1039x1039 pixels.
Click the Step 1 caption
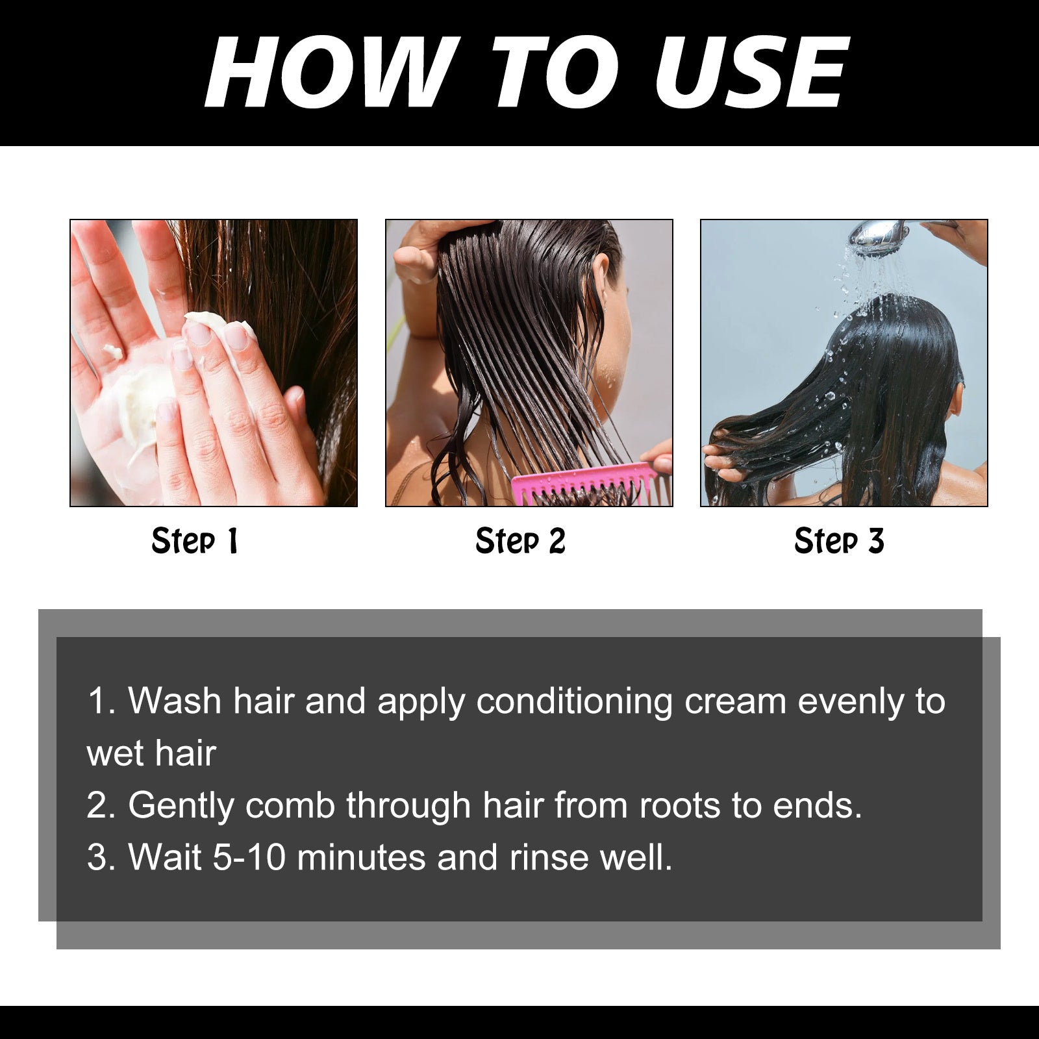click(195, 541)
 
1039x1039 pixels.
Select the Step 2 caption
click(520, 541)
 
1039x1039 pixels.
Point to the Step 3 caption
click(839, 541)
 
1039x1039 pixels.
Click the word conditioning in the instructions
click(574, 702)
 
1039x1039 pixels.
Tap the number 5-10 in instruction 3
click(249, 857)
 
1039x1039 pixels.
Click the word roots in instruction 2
click(679, 806)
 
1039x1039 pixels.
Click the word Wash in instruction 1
click(175, 702)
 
